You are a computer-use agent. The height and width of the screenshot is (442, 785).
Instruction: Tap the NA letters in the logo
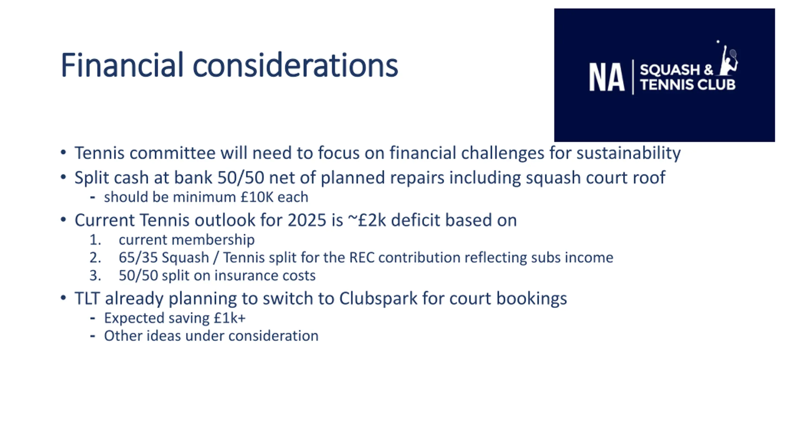point(607,77)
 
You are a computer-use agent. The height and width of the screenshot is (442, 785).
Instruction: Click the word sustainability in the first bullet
point(628,153)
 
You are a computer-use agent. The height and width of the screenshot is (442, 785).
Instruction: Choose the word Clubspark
point(378,299)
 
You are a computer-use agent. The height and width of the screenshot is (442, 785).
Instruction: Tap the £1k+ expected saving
point(230,318)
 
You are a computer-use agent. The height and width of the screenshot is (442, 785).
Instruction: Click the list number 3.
point(95,275)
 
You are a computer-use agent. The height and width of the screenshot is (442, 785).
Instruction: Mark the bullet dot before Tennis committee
point(63,153)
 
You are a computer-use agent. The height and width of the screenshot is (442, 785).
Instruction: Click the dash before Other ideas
point(93,336)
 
